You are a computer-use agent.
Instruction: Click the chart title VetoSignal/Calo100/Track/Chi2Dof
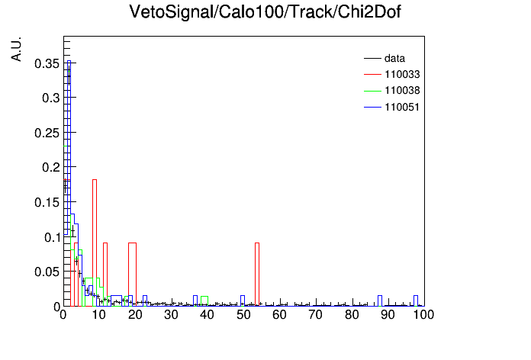coord(265,12)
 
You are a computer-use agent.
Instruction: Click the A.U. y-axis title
coord(16,49)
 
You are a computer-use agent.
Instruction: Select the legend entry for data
coord(385,58)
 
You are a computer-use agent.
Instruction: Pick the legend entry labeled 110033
coord(392,74)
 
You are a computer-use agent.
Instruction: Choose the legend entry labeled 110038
coord(392,91)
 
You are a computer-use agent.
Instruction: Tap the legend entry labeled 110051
coord(392,107)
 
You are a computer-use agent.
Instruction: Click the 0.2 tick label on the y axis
coord(50,167)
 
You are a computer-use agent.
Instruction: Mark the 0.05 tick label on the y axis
coord(47,272)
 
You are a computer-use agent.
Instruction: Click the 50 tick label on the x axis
coord(243,315)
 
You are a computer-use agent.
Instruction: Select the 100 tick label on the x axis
coord(423,315)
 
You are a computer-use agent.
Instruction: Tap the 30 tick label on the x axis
coord(172,315)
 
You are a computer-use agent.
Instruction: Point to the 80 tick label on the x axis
coord(352,315)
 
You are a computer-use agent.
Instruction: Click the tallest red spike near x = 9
coord(95,180)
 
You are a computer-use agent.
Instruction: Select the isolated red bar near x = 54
coord(257,243)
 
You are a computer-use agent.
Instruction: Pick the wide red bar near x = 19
coord(133,243)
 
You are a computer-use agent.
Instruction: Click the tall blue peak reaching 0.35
coord(69,61)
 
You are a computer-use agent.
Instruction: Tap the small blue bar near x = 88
coord(380,296)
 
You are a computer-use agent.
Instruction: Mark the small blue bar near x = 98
coord(416,296)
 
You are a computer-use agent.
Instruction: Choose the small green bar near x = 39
coord(204,297)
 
